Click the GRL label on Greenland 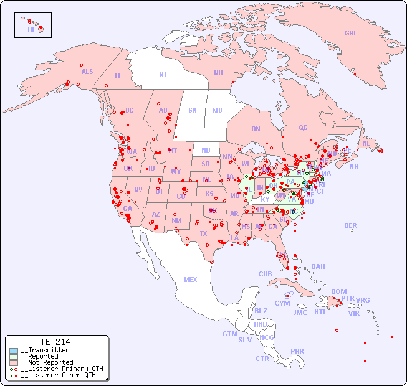coord(351,34)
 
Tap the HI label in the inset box coord(31,29)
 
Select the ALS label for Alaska coord(87,72)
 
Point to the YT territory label coord(117,75)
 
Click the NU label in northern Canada coord(218,73)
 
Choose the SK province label coord(193,110)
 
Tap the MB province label coord(218,110)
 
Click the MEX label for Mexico coord(191,280)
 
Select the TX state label coord(203,233)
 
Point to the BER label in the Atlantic coord(351,225)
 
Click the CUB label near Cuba coord(265,274)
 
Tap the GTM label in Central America coord(229,334)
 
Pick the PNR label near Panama coord(297,351)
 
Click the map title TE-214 coord(55,342)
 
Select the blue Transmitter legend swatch coord(14,351)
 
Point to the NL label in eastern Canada coord(366,143)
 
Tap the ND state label coord(206,150)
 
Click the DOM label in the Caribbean coord(338,291)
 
